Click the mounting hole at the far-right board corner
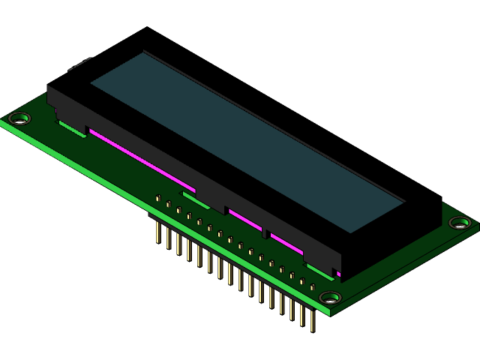coord(460,223)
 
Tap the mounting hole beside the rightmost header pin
coord(330,298)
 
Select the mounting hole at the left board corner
coord(19,118)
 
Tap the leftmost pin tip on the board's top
coord(158,198)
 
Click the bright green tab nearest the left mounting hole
coord(72,130)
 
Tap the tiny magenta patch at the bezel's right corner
coord(338,274)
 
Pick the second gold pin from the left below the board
coord(168,238)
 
